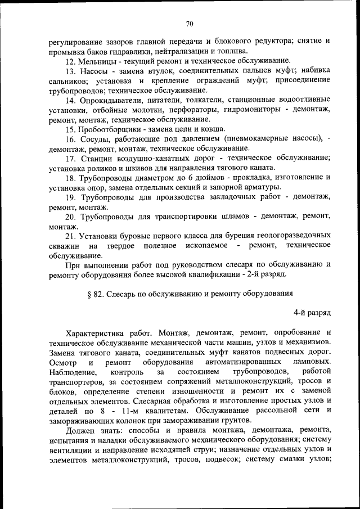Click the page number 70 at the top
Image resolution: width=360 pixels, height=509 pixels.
(x=190, y=23)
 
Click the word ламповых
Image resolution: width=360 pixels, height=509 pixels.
(x=312, y=362)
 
